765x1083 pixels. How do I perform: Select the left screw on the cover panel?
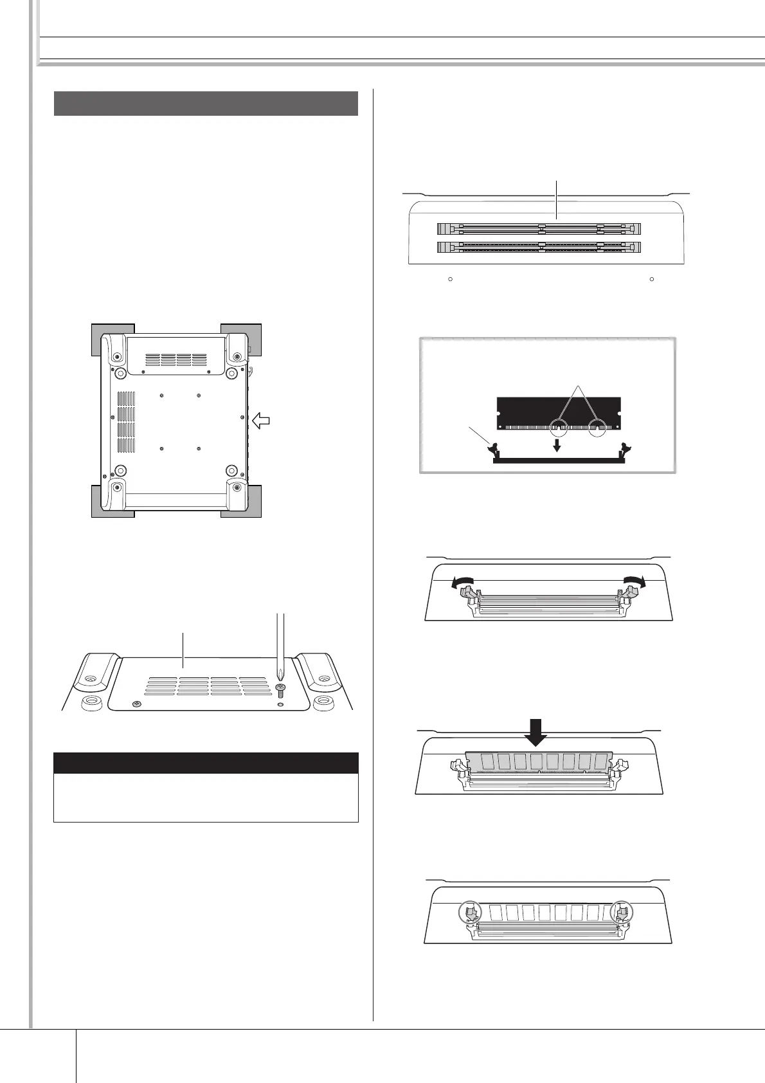pos(136,705)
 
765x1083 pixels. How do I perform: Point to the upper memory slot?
pos(539,229)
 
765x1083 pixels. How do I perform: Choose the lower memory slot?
pos(539,246)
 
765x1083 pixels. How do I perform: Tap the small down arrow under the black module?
pos(557,445)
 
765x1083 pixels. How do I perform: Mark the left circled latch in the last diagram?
pos(470,913)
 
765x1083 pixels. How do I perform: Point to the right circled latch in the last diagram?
pos(621,913)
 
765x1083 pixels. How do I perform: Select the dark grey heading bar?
pos(206,104)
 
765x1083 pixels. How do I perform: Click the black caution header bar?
pos(206,763)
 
